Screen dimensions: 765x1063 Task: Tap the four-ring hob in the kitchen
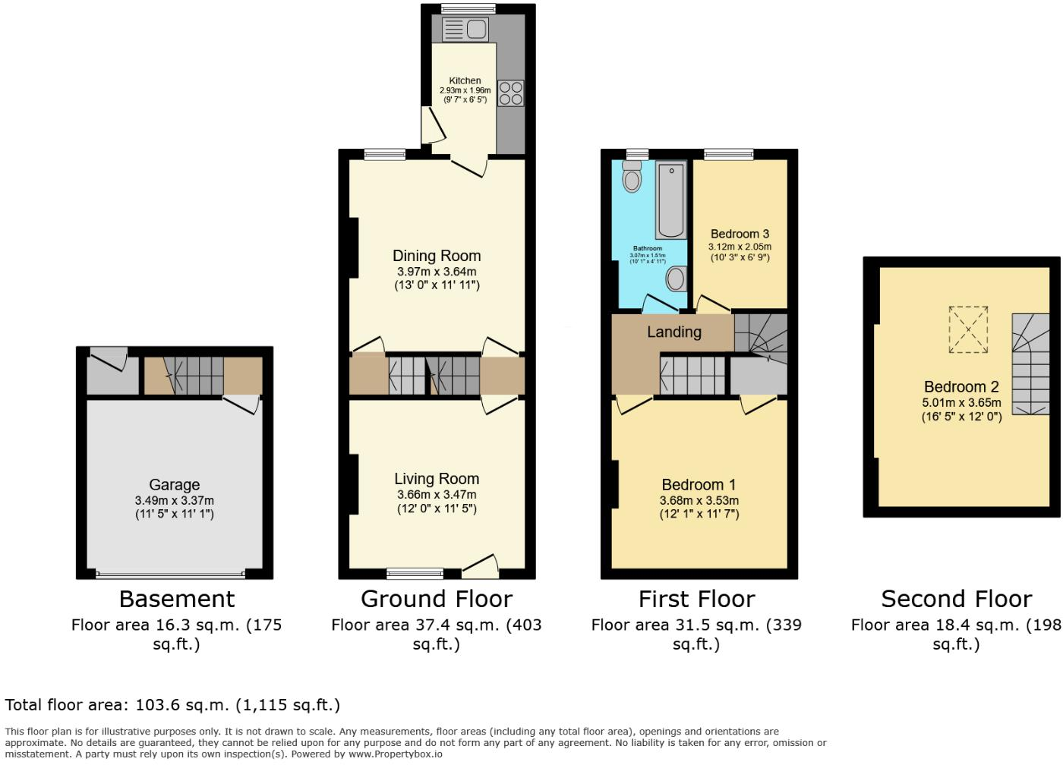pos(510,93)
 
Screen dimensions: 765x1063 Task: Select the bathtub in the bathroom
pos(671,200)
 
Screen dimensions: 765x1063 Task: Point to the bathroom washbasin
pos(675,279)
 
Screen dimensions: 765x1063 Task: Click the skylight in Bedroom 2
pos(968,329)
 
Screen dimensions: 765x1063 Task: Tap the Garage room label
pos(174,484)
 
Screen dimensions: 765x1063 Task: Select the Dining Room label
pos(437,256)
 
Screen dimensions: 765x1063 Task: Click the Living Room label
pos(437,479)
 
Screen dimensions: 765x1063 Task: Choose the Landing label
pos(673,332)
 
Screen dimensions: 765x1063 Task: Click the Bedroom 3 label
pos(740,234)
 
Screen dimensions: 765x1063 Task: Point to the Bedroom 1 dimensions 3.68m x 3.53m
pos(699,501)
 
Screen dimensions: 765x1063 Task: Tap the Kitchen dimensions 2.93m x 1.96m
pos(465,90)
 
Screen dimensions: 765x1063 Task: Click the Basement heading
pos(177,599)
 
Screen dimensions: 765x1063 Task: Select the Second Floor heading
pos(956,599)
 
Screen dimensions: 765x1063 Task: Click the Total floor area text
pos(172,705)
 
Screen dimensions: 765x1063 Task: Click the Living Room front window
pos(415,573)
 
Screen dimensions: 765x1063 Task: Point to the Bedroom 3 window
pos(729,154)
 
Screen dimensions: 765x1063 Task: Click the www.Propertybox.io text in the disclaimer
pos(395,754)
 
